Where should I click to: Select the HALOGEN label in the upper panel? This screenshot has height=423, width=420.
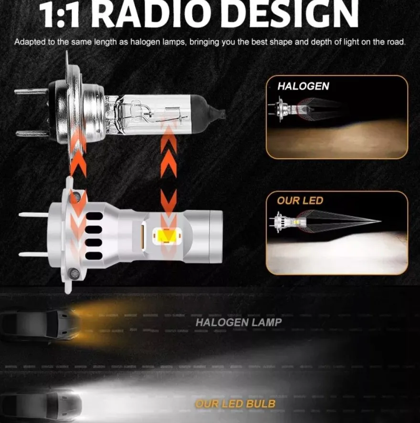pyautogui.click(x=303, y=86)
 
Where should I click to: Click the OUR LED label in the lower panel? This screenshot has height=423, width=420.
pyautogui.click(x=300, y=201)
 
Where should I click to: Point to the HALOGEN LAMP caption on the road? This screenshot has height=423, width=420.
pyautogui.click(x=239, y=322)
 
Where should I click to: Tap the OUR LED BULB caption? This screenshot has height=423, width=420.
pyautogui.click(x=235, y=404)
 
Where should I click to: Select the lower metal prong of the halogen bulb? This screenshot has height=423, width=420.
pyautogui.click(x=33, y=133)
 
